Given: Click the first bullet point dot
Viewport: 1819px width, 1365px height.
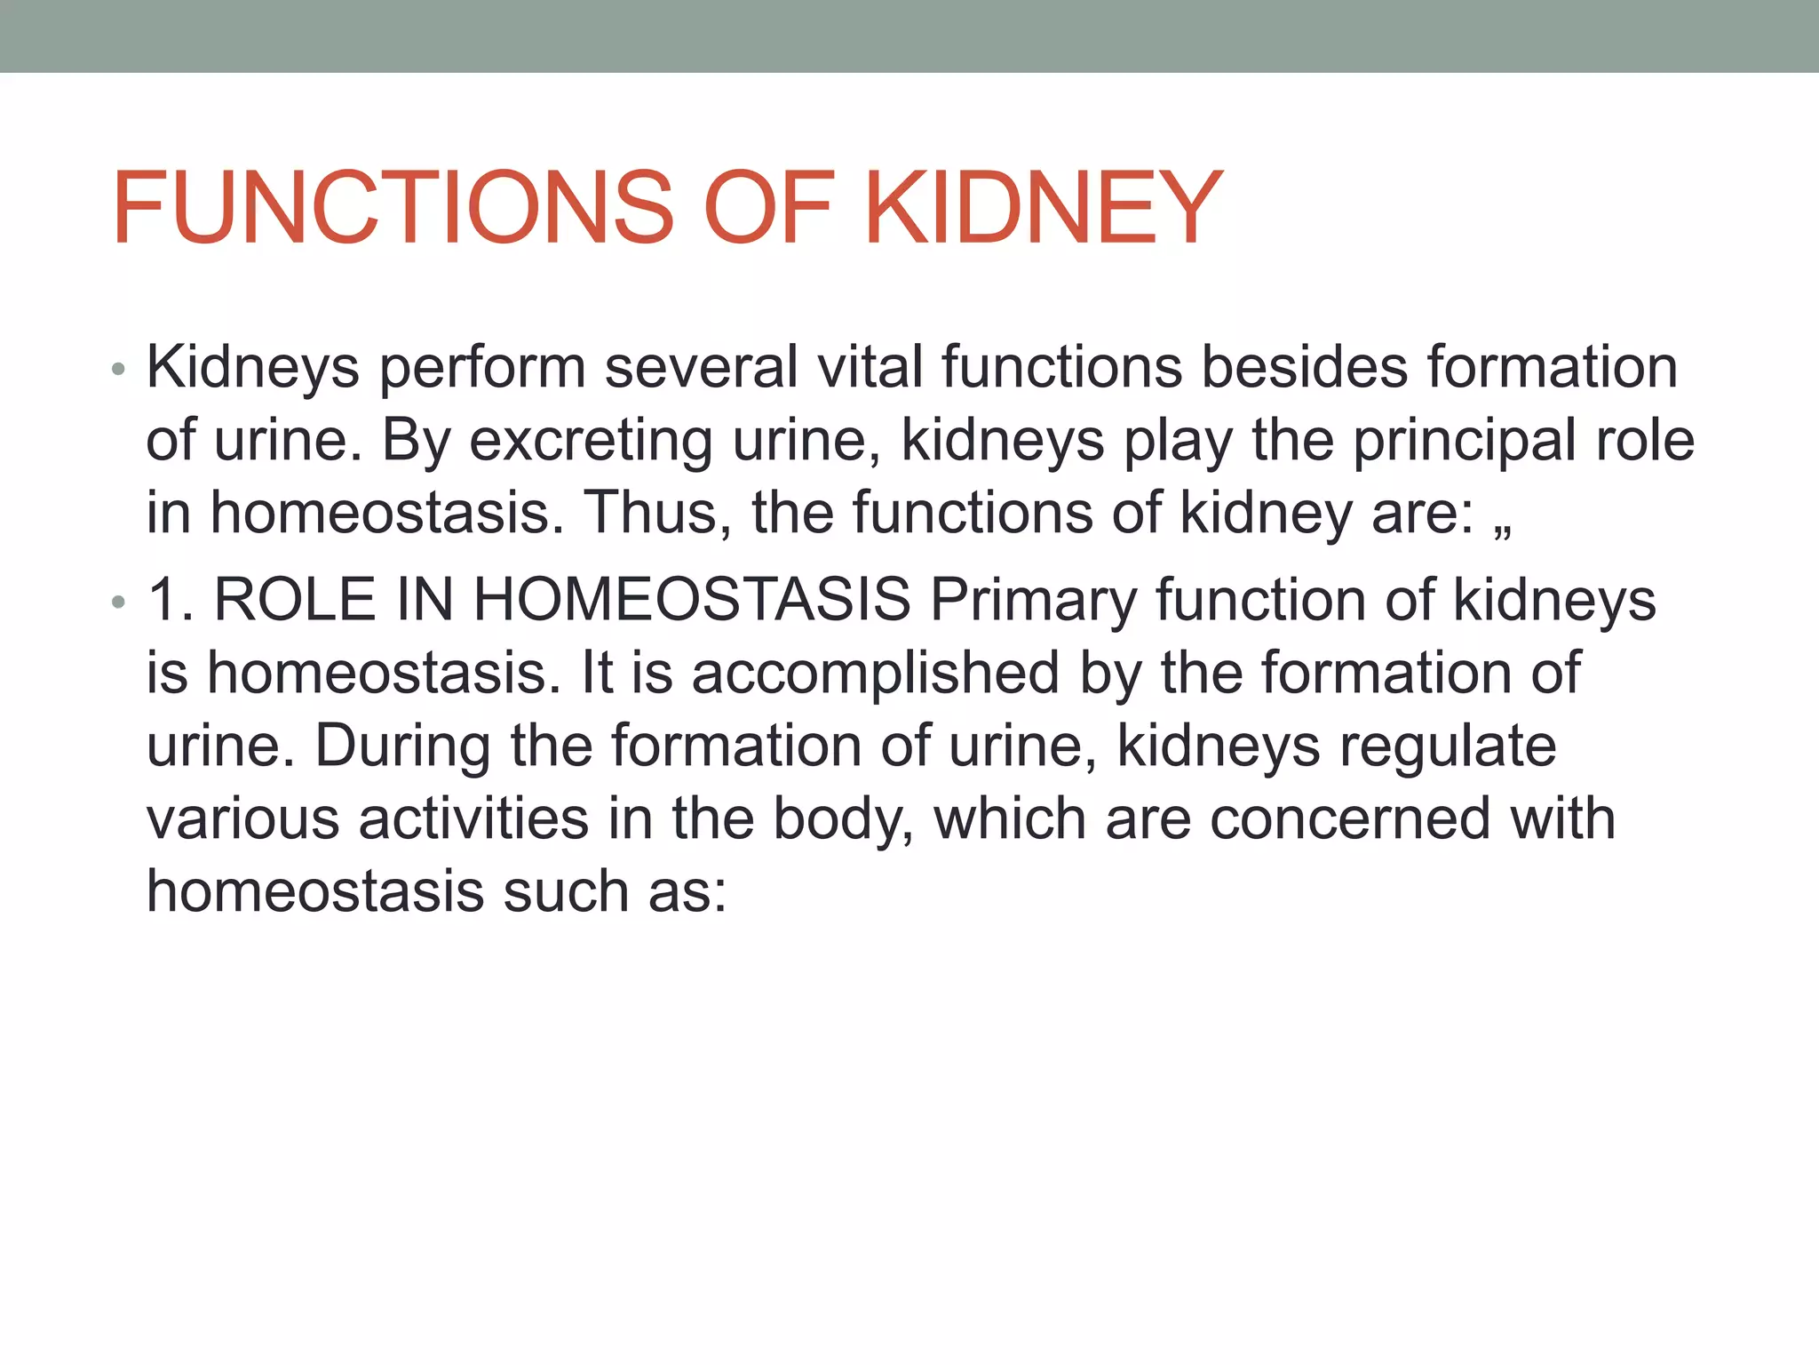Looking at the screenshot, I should [119, 370].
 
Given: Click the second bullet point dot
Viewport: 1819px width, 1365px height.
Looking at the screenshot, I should [119, 603].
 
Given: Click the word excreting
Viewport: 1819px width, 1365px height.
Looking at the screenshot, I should [590, 441].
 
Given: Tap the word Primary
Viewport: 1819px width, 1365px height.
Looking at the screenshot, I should [1033, 602].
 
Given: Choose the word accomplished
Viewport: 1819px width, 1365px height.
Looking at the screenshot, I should [875, 674].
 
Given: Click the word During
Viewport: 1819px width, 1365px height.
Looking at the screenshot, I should [402, 746].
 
